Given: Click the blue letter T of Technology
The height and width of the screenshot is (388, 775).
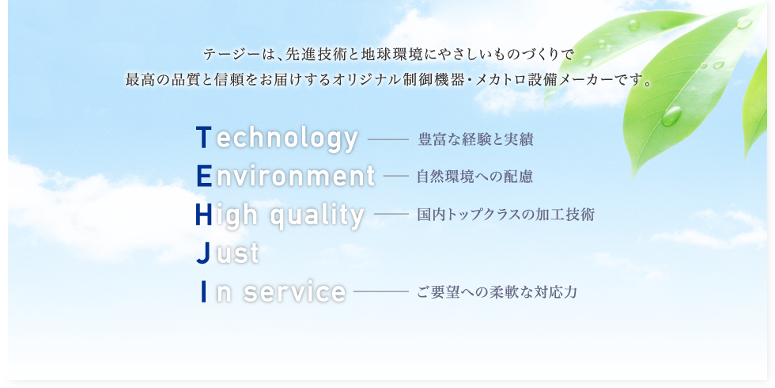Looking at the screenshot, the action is (204, 138).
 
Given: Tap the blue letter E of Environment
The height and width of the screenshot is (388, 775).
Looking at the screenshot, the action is (204, 176).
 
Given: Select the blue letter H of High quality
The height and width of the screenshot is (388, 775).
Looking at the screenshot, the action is (204, 215).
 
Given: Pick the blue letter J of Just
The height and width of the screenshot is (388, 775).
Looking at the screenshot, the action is (203, 253).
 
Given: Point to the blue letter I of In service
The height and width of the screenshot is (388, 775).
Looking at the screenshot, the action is (204, 291).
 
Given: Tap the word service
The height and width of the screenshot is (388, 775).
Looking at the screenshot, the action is (294, 291).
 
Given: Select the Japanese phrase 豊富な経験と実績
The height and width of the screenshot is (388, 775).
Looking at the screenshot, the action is (475, 139).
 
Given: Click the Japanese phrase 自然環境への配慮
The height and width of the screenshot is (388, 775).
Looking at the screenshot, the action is (475, 177).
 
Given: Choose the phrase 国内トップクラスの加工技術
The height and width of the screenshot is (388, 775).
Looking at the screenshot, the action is (505, 215).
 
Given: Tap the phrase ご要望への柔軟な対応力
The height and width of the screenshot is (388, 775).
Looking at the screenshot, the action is (497, 292).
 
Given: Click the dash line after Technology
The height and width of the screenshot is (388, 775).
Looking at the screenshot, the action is (388, 140).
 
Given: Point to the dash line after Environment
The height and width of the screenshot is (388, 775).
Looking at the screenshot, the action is (396, 177).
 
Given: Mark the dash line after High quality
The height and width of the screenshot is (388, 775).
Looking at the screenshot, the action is (391, 215).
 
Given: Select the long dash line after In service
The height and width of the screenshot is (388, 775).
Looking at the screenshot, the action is (381, 292).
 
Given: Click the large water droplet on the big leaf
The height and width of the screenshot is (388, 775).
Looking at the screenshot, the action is (671, 116).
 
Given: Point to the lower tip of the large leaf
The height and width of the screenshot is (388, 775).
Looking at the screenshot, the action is (634, 176).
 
